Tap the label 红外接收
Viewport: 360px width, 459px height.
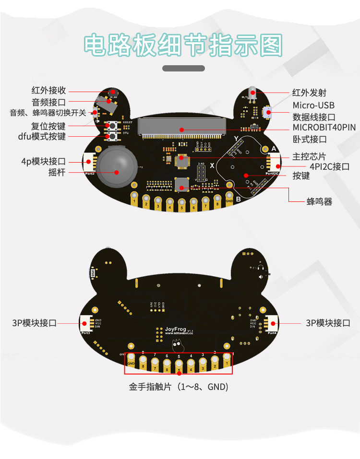click(48, 90)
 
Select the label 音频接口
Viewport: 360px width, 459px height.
click(48, 102)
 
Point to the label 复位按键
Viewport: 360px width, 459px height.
click(48, 126)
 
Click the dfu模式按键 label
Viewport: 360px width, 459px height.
click(42, 137)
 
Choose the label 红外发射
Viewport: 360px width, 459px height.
click(309, 93)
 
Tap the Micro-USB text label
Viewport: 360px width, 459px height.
click(313, 105)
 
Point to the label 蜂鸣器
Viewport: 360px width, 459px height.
click(319, 201)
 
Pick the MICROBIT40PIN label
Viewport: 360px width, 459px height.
click(324, 128)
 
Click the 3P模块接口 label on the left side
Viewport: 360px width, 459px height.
click(35, 323)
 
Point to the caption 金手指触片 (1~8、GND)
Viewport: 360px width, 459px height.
click(179, 386)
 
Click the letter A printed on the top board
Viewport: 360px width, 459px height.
click(274, 149)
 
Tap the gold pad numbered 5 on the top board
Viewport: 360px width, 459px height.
click(181, 205)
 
